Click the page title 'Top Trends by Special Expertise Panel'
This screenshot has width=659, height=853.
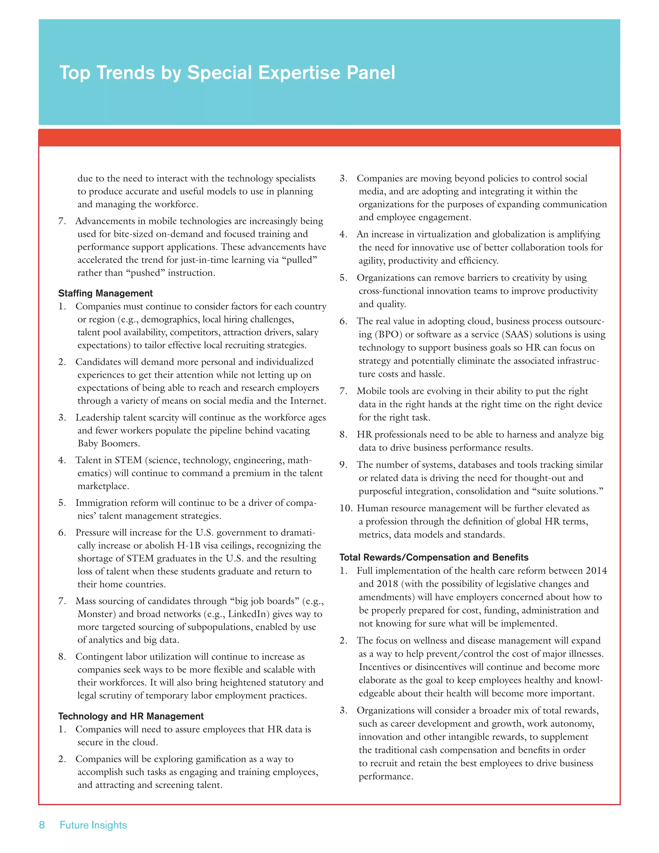[x=227, y=73]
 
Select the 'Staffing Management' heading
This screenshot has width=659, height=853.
[x=106, y=293]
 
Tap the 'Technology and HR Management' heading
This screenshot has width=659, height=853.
[x=131, y=716]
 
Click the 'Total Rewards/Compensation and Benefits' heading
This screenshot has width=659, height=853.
[x=434, y=557]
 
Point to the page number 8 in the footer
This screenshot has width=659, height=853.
[x=42, y=825]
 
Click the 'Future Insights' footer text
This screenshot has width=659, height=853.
[x=93, y=825]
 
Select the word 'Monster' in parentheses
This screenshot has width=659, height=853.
[x=97, y=614]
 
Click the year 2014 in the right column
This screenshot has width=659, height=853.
[x=596, y=571]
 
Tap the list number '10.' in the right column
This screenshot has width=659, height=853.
[x=346, y=508]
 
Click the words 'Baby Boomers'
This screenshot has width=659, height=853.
[x=108, y=443]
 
